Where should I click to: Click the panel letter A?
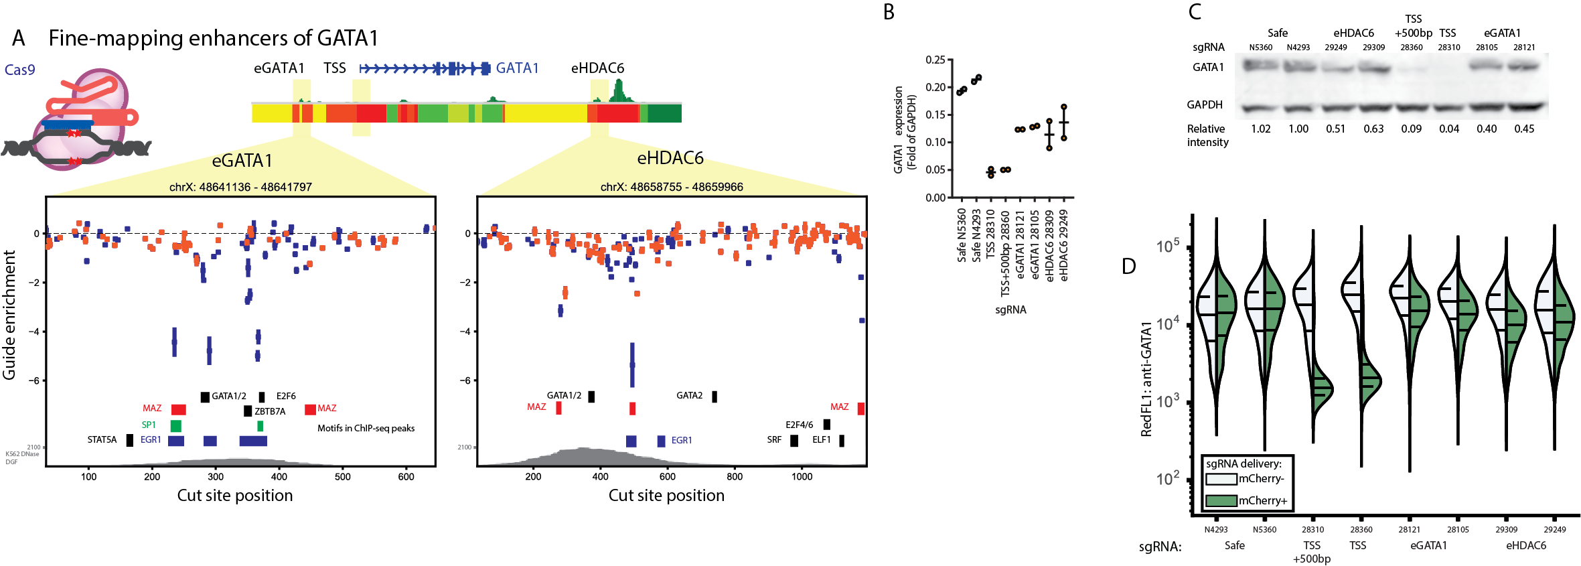18,38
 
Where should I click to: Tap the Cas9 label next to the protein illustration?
19,70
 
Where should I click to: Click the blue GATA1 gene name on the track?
516,68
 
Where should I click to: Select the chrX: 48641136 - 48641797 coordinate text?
240,187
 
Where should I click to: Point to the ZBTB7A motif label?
270,411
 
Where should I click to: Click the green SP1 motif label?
148,425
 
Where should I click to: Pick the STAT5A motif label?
102,439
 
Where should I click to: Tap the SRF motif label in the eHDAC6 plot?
774,439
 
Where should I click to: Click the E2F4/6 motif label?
799,425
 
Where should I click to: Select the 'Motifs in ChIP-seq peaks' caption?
366,428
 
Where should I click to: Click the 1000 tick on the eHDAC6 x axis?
802,476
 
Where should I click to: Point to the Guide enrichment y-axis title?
9,315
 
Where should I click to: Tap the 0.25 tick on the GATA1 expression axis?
935,60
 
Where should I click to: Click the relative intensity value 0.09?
1411,129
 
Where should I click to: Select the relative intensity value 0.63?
1373,129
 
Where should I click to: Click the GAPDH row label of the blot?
1204,104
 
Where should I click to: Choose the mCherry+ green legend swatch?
1220,500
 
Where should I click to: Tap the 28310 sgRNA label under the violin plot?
1312,529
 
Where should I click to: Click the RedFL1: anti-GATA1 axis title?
1146,378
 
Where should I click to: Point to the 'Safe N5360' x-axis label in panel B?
962,234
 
